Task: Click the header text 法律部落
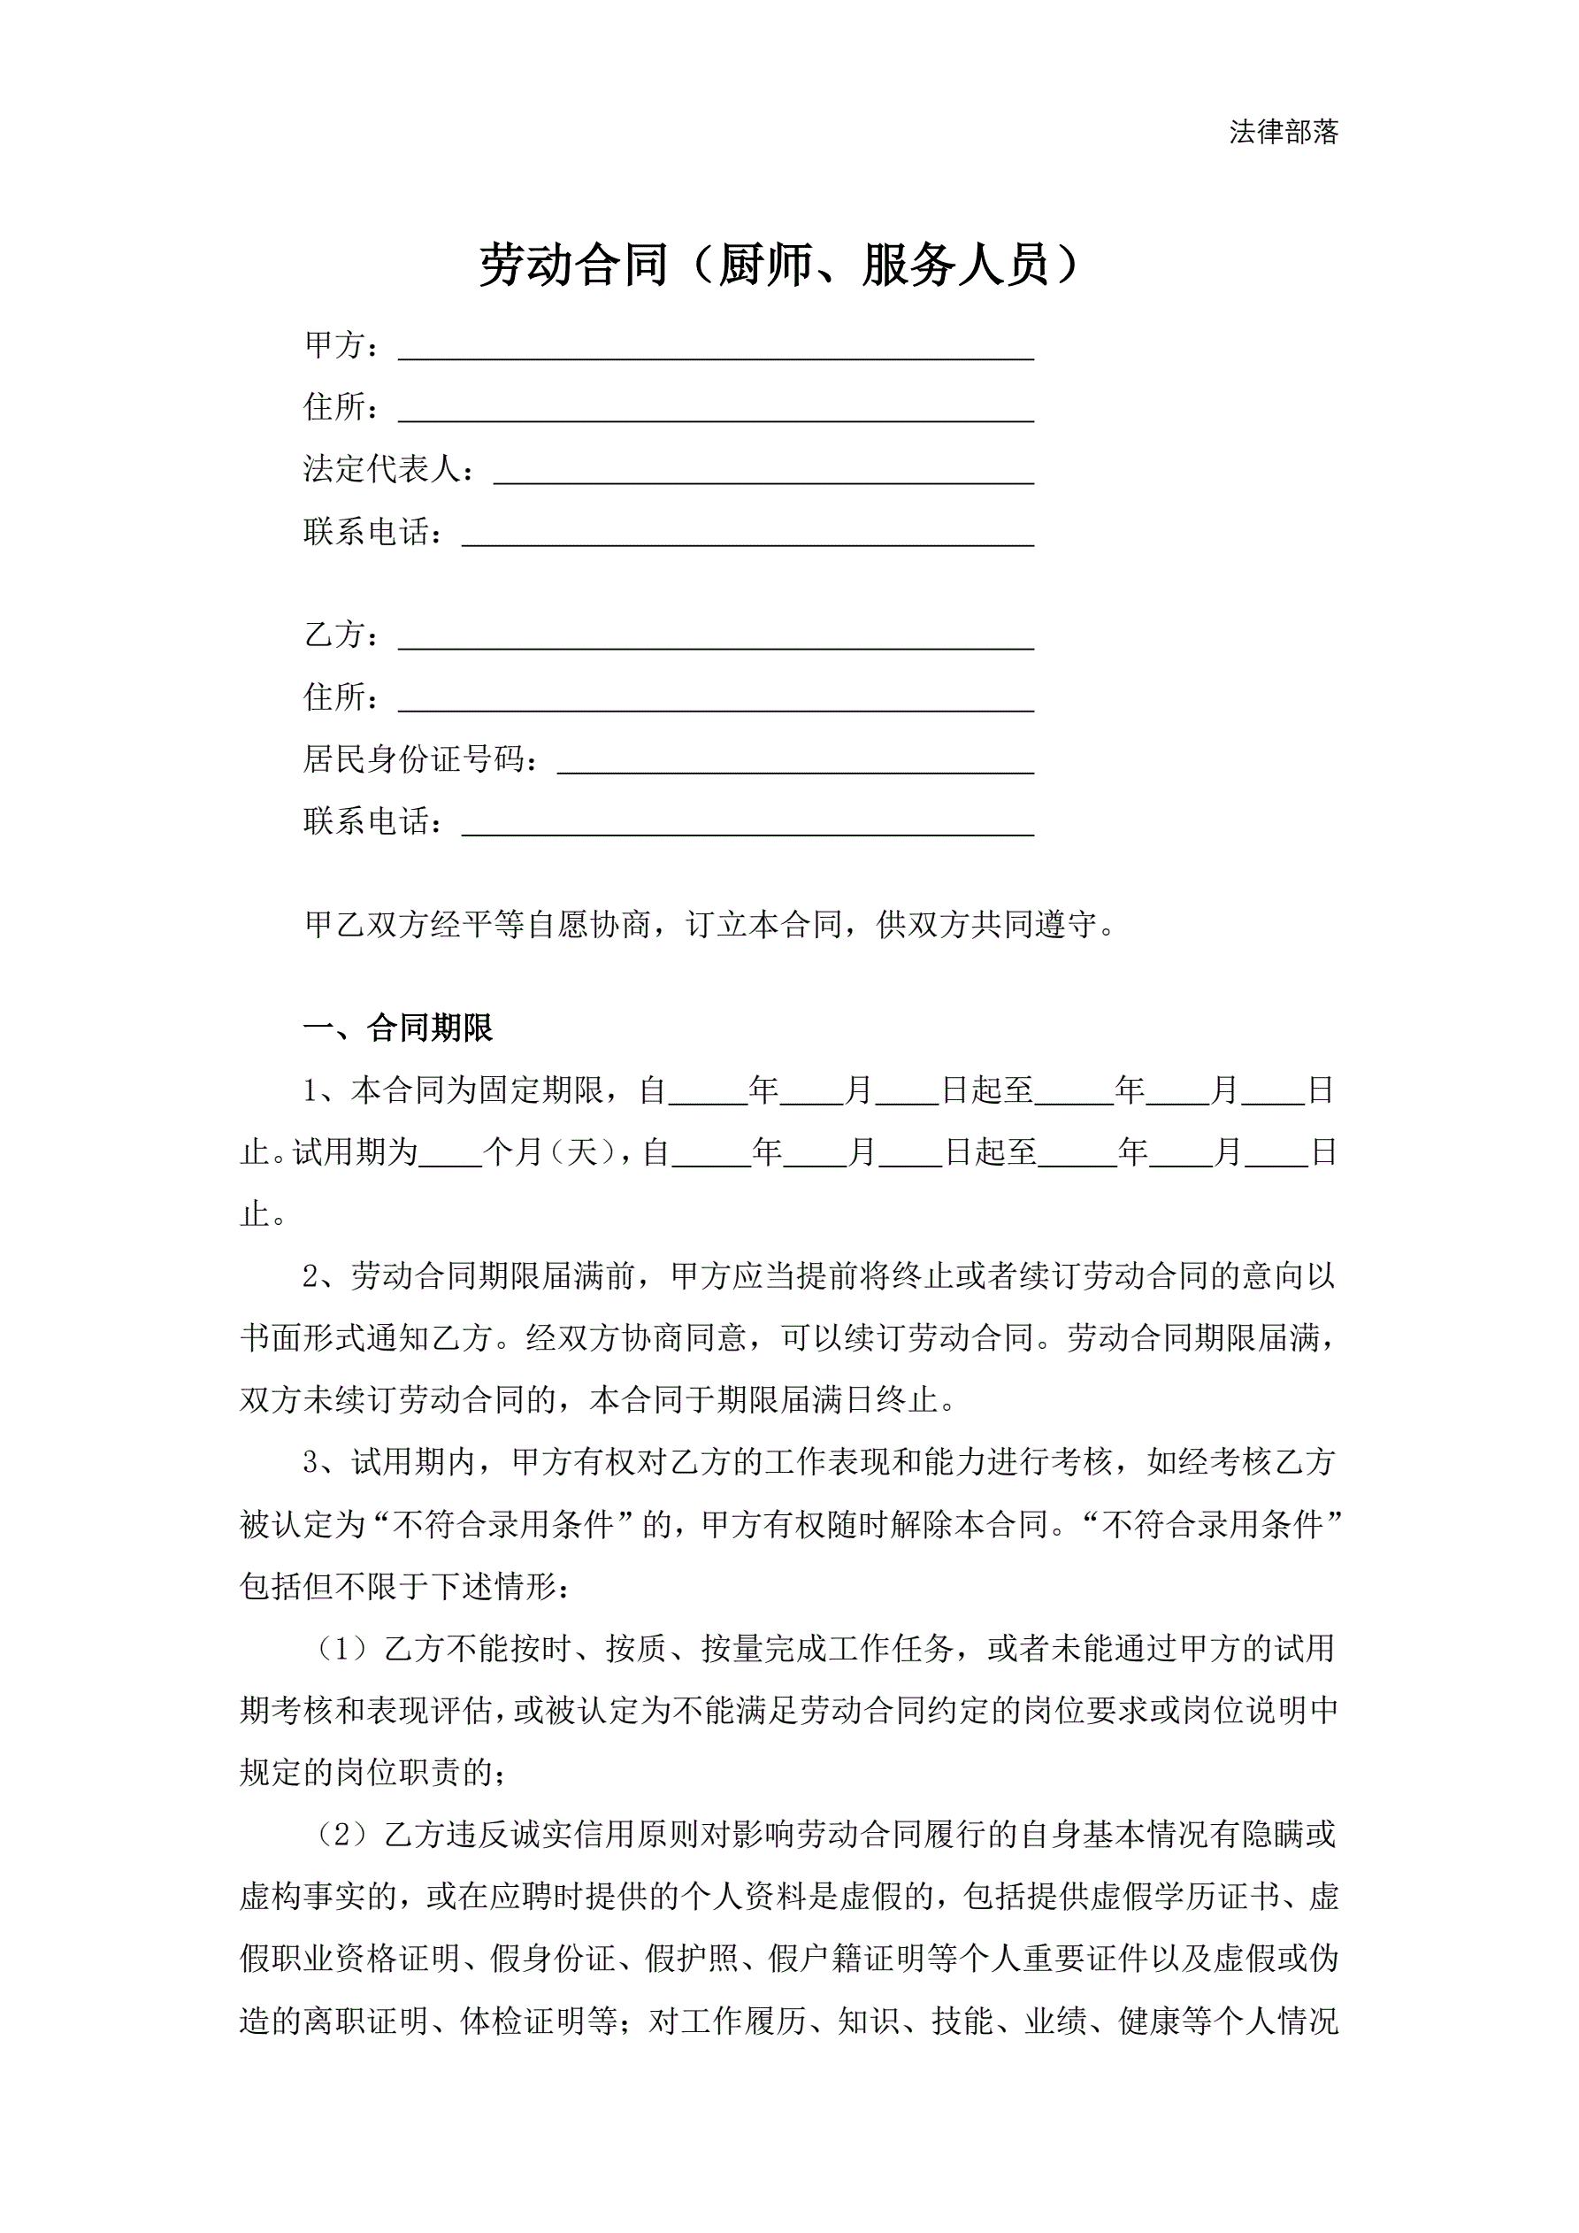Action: pyautogui.click(x=1284, y=132)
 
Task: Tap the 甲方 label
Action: pyautogui.click(x=334, y=345)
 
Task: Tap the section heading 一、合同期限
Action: pyautogui.click(x=399, y=1028)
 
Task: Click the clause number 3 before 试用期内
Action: pyautogui.click(x=311, y=1463)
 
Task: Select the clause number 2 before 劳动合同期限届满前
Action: pyautogui.click(x=311, y=1277)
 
